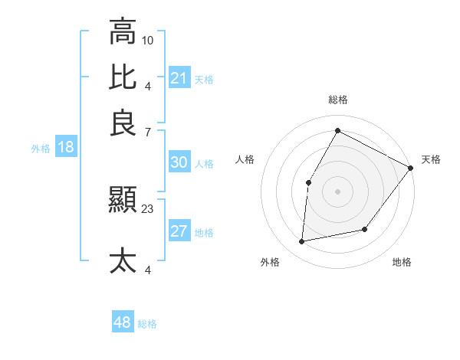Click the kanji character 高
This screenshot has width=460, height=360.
pyautogui.click(x=123, y=32)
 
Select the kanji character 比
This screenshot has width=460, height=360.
pyautogui.click(x=123, y=77)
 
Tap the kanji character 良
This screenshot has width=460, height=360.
pyautogui.click(x=123, y=123)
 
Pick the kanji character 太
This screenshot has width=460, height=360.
pyautogui.click(x=123, y=260)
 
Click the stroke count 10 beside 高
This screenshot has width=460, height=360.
pyautogui.click(x=148, y=40)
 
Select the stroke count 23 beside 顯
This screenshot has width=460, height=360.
pyautogui.click(x=148, y=208)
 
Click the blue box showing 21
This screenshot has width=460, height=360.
pyautogui.click(x=179, y=78)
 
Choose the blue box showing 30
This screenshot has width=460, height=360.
pyautogui.click(x=179, y=162)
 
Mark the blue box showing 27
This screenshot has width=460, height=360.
pyautogui.click(x=179, y=232)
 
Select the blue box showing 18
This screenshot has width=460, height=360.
pyautogui.click(x=65, y=148)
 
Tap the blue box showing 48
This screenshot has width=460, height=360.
pyautogui.click(x=123, y=322)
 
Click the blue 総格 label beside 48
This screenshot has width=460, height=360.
pyautogui.click(x=147, y=324)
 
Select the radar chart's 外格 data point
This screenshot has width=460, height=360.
pyautogui.click(x=302, y=242)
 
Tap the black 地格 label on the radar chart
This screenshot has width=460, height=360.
pyautogui.click(x=402, y=262)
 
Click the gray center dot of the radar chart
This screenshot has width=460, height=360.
pyautogui.click(x=337, y=191)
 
